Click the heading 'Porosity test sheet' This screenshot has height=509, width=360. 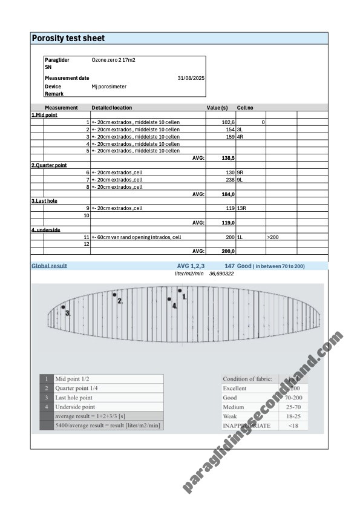tap(68, 38)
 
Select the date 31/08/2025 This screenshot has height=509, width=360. tap(191, 78)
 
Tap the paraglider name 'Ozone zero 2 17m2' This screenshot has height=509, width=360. tap(113, 60)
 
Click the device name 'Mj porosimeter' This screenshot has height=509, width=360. tap(109, 87)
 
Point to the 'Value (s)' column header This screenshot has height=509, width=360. tap(217, 108)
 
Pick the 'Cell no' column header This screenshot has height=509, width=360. tap(245, 108)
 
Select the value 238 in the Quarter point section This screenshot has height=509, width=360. tap(230, 180)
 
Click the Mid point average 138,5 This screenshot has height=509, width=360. tap(228, 158)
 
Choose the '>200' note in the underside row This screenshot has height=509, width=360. tap(273, 237)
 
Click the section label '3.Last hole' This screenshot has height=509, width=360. tap(44, 201)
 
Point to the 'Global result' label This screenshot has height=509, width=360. tap(49, 266)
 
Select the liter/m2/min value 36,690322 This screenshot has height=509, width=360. tap(221, 274)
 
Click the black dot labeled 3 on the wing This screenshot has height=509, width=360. tap(64, 308)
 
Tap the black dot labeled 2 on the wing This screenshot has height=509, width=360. tap(114, 295)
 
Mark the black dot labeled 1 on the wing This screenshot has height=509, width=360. tap(180, 291)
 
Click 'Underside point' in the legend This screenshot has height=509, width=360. tap(74, 407)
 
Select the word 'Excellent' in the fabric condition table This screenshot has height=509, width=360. tap(235, 388)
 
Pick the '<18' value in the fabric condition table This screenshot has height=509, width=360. tap(293, 425)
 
